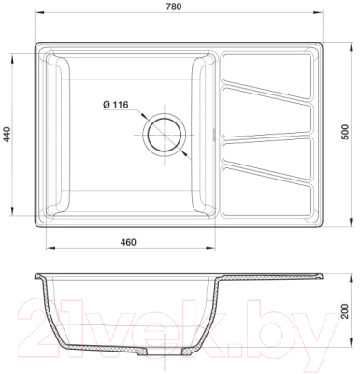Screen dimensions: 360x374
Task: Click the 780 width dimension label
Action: (x=174, y=7)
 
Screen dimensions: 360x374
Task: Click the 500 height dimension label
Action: (x=347, y=132)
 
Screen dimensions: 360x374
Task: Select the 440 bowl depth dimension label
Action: (x=7, y=135)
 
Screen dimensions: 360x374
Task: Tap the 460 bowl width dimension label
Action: (x=128, y=242)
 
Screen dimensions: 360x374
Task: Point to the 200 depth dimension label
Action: (x=344, y=310)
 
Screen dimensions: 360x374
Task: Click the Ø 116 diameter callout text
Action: (x=115, y=105)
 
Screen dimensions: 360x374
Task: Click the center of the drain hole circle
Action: (x=165, y=135)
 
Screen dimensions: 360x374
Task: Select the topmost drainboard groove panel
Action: (x=266, y=76)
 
